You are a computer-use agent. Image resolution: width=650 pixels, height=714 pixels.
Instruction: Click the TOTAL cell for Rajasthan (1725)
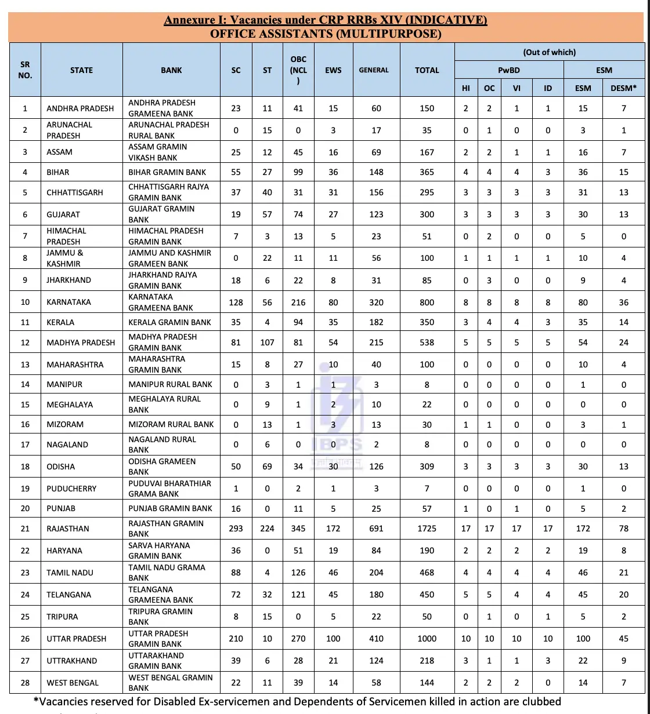pyautogui.click(x=427, y=529)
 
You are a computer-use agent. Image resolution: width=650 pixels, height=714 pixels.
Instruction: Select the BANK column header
pyautogui.click(x=171, y=70)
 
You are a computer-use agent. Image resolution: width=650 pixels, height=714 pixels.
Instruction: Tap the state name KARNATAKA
pyautogui.click(x=68, y=302)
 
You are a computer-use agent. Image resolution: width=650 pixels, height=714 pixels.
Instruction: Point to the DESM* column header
pyautogui.click(x=623, y=88)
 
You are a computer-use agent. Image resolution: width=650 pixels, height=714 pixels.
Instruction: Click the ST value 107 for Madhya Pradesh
pyautogui.click(x=267, y=343)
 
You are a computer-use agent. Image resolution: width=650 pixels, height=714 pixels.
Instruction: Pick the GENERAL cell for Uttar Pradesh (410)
pyautogui.click(x=376, y=639)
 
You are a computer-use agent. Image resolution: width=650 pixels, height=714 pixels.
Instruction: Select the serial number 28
pyautogui.click(x=25, y=683)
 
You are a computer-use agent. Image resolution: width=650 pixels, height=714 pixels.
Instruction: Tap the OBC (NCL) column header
pyautogui.click(x=298, y=70)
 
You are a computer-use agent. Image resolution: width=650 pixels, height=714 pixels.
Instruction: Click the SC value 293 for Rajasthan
pyautogui.click(x=236, y=529)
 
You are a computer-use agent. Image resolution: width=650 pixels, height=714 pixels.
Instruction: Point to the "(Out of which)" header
pyautogui.click(x=549, y=52)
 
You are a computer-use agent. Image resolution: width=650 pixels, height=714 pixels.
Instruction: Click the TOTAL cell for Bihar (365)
pyautogui.click(x=427, y=172)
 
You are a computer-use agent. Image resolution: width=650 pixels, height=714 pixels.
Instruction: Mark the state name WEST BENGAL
pyautogui.click(x=73, y=683)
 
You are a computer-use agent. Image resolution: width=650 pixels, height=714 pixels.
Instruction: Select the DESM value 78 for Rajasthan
pyautogui.click(x=623, y=529)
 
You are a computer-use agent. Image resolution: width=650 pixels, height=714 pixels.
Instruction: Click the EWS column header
pyautogui.click(x=333, y=70)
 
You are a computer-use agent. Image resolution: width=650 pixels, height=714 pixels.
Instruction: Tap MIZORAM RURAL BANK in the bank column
pyautogui.click(x=171, y=424)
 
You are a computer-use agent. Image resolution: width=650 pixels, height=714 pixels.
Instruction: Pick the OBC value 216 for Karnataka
pyautogui.click(x=298, y=302)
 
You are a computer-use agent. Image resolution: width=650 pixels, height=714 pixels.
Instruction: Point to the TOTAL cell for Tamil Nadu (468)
pyautogui.click(x=427, y=573)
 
